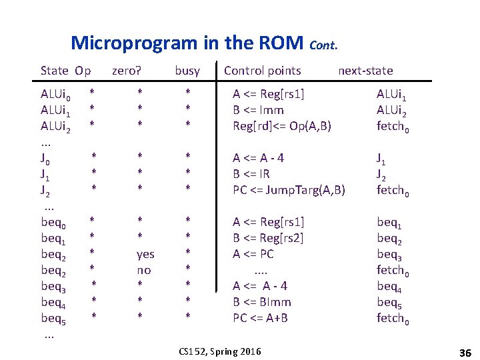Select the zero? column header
click(x=127, y=70)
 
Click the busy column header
click(x=187, y=70)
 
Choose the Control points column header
click(x=263, y=70)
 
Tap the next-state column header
click(x=365, y=70)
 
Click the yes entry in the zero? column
click(x=145, y=254)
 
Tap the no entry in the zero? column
click(x=143, y=270)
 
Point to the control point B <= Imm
click(x=258, y=110)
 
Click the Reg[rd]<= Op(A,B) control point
click(x=282, y=126)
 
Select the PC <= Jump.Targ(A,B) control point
click(x=289, y=190)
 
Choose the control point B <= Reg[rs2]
click(x=268, y=238)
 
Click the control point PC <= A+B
click(x=260, y=318)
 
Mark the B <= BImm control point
click(x=261, y=302)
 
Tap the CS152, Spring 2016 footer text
click(x=221, y=351)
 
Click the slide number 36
click(x=465, y=351)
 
